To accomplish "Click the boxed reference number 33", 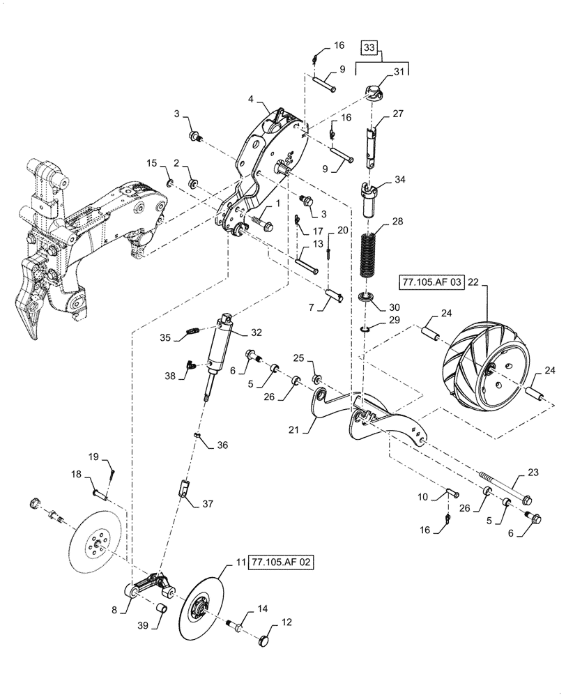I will click(x=369, y=49).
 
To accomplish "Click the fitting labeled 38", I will click(x=190, y=364).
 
